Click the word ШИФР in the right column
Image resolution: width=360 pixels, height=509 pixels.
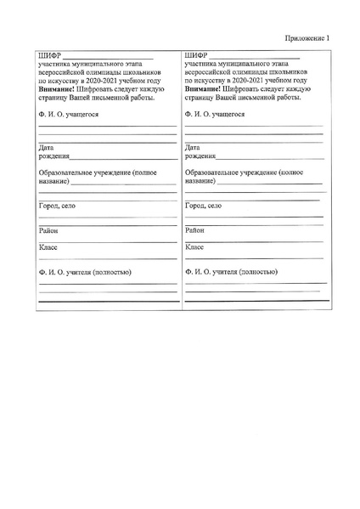[x=196, y=57]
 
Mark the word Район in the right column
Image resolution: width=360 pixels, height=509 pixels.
[x=194, y=230]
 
